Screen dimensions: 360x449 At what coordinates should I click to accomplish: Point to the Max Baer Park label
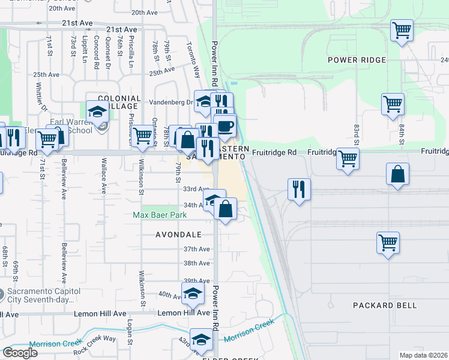(x=160, y=215)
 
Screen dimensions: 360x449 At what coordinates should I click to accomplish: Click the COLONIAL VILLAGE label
(x=119, y=103)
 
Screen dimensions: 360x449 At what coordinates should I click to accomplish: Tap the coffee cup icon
(x=225, y=127)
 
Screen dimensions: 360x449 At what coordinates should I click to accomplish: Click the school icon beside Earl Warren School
(x=97, y=111)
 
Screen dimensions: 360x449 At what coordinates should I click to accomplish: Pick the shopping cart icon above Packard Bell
(x=388, y=243)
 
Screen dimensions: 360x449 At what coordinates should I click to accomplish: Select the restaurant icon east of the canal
(x=298, y=190)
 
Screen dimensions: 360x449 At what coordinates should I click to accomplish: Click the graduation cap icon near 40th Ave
(x=193, y=293)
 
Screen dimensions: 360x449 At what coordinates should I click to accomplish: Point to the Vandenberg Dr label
(x=170, y=102)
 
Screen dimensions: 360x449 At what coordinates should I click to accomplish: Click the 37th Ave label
(x=196, y=249)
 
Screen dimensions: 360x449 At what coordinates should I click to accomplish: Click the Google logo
(x=20, y=353)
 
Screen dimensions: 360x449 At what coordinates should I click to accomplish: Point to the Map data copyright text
(x=423, y=355)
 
